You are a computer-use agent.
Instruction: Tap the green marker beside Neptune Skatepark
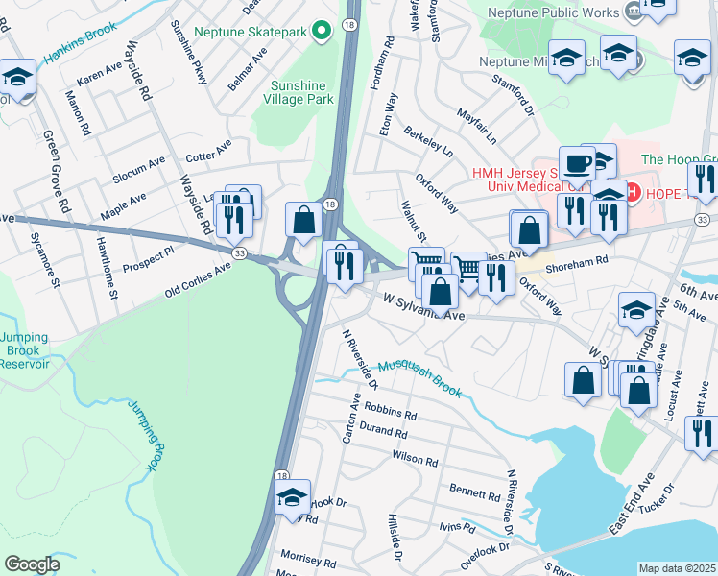(323, 32)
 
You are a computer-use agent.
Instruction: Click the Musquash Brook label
(420, 378)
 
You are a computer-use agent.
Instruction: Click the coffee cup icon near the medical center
(577, 162)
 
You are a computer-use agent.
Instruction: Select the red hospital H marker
(633, 192)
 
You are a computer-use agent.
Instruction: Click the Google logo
(32, 564)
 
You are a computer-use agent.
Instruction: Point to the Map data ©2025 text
(677, 568)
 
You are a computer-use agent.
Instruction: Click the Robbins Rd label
(390, 411)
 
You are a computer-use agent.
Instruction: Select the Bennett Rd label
(474, 492)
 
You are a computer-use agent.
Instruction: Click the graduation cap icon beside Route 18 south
(292, 497)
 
